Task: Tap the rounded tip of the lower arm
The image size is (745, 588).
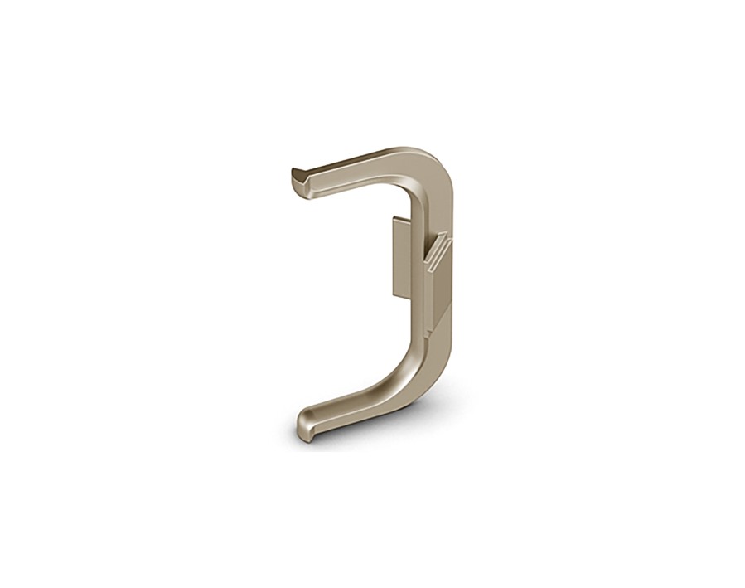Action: pyautogui.click(x=303, y=425)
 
